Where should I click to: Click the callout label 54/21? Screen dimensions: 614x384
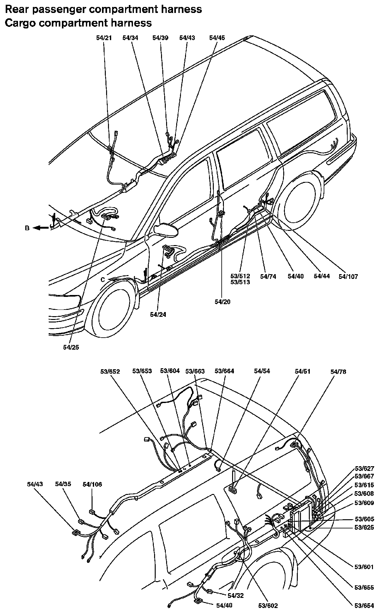(104, 38)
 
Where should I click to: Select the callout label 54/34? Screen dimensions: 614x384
(130, 38)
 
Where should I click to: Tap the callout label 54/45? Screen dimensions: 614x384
(217, 38)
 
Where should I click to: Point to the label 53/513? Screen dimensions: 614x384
(240, 282)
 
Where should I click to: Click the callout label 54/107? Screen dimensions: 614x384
(348, 277)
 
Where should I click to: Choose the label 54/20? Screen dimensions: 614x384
(223, 302)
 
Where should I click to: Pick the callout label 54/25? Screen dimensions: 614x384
(71, 347)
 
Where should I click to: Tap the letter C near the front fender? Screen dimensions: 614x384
(103, 280)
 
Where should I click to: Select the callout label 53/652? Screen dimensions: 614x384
(110, 371)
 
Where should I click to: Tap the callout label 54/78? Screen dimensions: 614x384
(338, 372)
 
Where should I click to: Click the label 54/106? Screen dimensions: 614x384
(92, 484)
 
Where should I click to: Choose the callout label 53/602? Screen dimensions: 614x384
(268, 605)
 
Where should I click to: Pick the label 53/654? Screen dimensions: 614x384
(364, 606)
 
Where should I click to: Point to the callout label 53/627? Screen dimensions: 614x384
(364, 469)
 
